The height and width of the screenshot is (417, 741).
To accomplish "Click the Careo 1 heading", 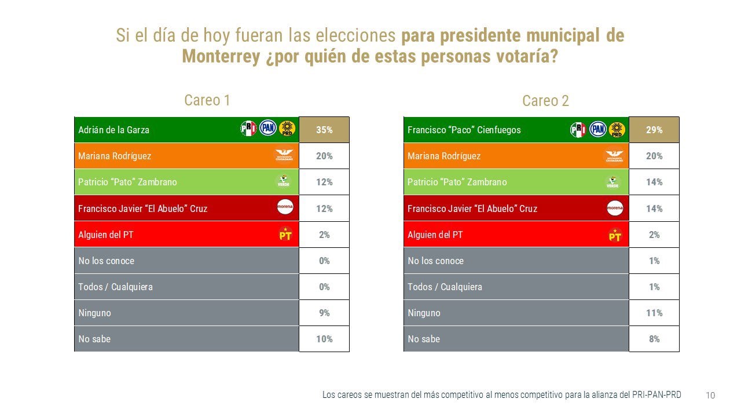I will click(x=207, y=100).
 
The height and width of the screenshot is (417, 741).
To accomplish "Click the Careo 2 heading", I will click(x=545, y=101).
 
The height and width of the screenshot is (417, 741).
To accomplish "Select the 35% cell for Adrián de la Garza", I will click(x=324, y=130).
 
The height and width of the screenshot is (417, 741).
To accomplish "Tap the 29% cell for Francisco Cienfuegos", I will click(x=654, y=130).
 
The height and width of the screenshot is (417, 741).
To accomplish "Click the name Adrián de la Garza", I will click(x=113, y=130).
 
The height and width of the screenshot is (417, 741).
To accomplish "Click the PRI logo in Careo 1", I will click(x=248, y=129).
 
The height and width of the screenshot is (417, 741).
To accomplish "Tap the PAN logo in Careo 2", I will click(x=598, y=129).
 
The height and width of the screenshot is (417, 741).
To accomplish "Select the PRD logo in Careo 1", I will click(x=287, y=129).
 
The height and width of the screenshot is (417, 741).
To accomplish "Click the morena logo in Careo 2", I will click(x=615, y=208).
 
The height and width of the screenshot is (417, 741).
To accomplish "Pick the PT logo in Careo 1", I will click(x=285, y=235).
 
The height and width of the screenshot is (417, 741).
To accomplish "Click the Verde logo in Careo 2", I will click(x=612, y=182).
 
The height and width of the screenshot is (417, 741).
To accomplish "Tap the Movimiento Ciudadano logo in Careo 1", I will click(x=284, y=156).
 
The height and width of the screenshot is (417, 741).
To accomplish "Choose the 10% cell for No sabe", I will click(x=324, y=339).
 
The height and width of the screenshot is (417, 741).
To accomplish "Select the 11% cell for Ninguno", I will click(x=654, y=313).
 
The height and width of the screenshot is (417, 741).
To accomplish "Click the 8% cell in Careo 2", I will click(x=654, y=339).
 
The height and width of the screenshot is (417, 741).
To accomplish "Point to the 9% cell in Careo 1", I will click(x=324, y=313).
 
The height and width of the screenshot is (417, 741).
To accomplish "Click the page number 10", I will click(x=710, y=396).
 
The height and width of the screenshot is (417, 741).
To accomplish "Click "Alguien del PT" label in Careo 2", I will click(x=435, y=235).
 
